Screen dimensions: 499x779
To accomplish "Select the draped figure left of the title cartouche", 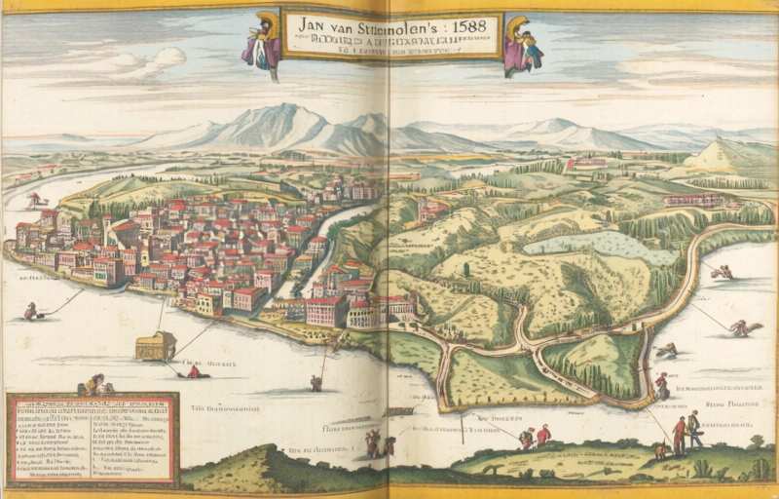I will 262,42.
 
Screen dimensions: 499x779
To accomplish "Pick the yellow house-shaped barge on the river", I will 156,344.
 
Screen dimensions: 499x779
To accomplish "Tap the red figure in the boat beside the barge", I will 193,370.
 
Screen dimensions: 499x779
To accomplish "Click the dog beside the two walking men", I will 661,450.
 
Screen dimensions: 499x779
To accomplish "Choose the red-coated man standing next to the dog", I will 679,435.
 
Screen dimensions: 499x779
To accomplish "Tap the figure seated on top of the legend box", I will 93,384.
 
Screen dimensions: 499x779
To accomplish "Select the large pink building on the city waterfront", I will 324,311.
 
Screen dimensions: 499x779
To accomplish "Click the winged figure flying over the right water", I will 742,328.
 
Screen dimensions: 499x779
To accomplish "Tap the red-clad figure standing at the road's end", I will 661,384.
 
